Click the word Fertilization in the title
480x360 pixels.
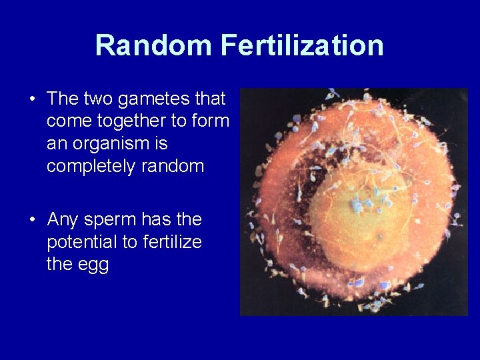point(302,46)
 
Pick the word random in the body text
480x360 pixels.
point(173,166)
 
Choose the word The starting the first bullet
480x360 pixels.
point(63,99)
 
